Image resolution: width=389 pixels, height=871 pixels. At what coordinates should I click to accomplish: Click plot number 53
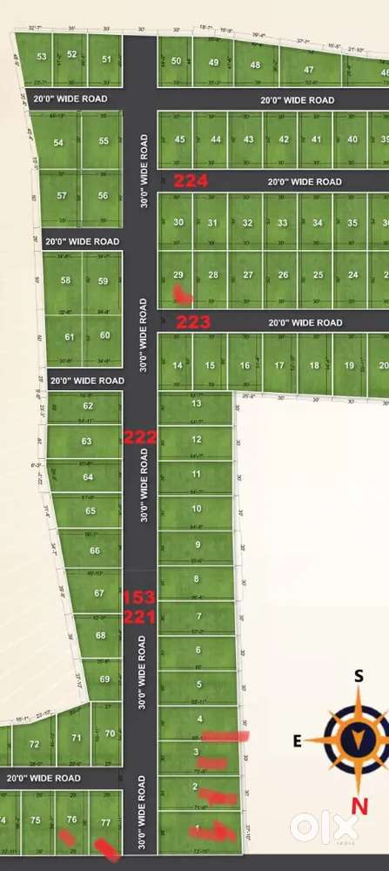tap(41, 57)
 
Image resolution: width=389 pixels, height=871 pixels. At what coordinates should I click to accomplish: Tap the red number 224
tap(191, 181)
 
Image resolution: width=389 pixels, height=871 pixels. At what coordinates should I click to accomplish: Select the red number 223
tap(193, 321)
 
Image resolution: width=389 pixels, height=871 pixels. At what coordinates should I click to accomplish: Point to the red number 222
tap(140, 437)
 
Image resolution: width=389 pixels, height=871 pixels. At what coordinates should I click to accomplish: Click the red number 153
tap(138, 598)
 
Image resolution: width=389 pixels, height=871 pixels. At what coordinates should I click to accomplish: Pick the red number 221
tap(139, 618)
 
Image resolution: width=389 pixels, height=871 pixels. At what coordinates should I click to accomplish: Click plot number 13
tap(197, 403)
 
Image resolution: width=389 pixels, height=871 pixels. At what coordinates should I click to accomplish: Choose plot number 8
tap(197, 579)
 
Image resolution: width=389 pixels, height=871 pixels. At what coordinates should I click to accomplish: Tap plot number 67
tap(99, 593)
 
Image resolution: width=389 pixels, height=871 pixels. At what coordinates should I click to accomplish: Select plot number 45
tap(180, 139)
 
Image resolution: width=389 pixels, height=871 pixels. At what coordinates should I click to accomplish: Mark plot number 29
tap(178, 274)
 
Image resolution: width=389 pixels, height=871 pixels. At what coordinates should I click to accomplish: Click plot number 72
tap(35, 744)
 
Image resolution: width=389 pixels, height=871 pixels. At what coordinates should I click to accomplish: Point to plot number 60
tap(105, 335)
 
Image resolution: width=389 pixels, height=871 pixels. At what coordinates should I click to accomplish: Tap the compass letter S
tap(357, 675)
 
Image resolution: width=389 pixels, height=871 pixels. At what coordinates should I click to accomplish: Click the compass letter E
tap(298, 742)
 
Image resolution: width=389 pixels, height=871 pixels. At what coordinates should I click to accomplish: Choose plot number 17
tap(279, 366)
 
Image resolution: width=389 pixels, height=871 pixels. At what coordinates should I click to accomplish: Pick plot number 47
tap(309, 70)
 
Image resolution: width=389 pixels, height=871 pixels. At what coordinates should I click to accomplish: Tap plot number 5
tap(198, 685)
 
